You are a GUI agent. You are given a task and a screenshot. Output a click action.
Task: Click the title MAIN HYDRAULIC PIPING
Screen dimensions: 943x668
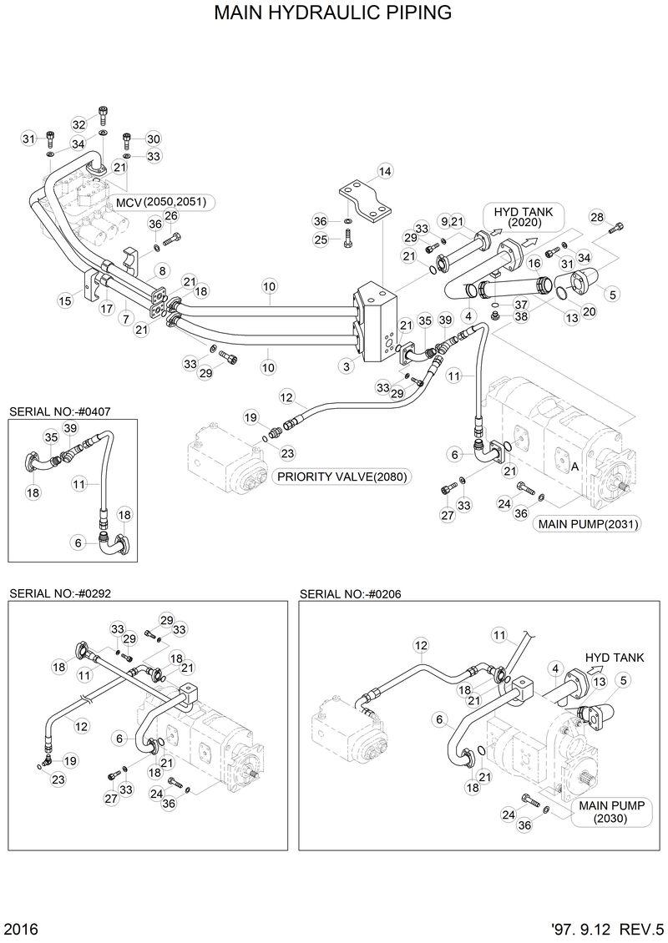point(333,13)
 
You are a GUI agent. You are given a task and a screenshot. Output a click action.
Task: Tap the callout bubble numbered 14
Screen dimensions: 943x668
point(384,172)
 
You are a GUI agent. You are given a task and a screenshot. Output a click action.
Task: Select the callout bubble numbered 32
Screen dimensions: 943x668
point(78,124)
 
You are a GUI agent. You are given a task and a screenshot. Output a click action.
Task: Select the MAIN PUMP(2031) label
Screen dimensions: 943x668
point(588,524)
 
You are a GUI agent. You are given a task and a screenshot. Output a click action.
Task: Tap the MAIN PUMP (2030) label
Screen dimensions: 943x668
point(610,812)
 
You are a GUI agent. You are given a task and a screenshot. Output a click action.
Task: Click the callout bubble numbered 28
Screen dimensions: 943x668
point(596,218)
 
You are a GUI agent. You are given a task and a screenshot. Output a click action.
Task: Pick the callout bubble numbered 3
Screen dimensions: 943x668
point(345,366)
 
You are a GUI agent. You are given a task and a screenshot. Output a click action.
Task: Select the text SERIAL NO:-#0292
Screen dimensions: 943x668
point(59,593)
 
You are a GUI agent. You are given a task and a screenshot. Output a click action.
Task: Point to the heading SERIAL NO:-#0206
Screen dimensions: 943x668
point(350,593)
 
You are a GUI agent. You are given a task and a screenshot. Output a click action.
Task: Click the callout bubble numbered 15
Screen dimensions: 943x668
point(65,300)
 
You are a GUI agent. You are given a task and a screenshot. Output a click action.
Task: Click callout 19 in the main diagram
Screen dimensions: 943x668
point(250,416)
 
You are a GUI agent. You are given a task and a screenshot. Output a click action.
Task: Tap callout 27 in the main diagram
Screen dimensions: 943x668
point(447,515)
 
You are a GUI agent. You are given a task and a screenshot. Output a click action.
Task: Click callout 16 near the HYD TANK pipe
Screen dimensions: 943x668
point(535,264)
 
